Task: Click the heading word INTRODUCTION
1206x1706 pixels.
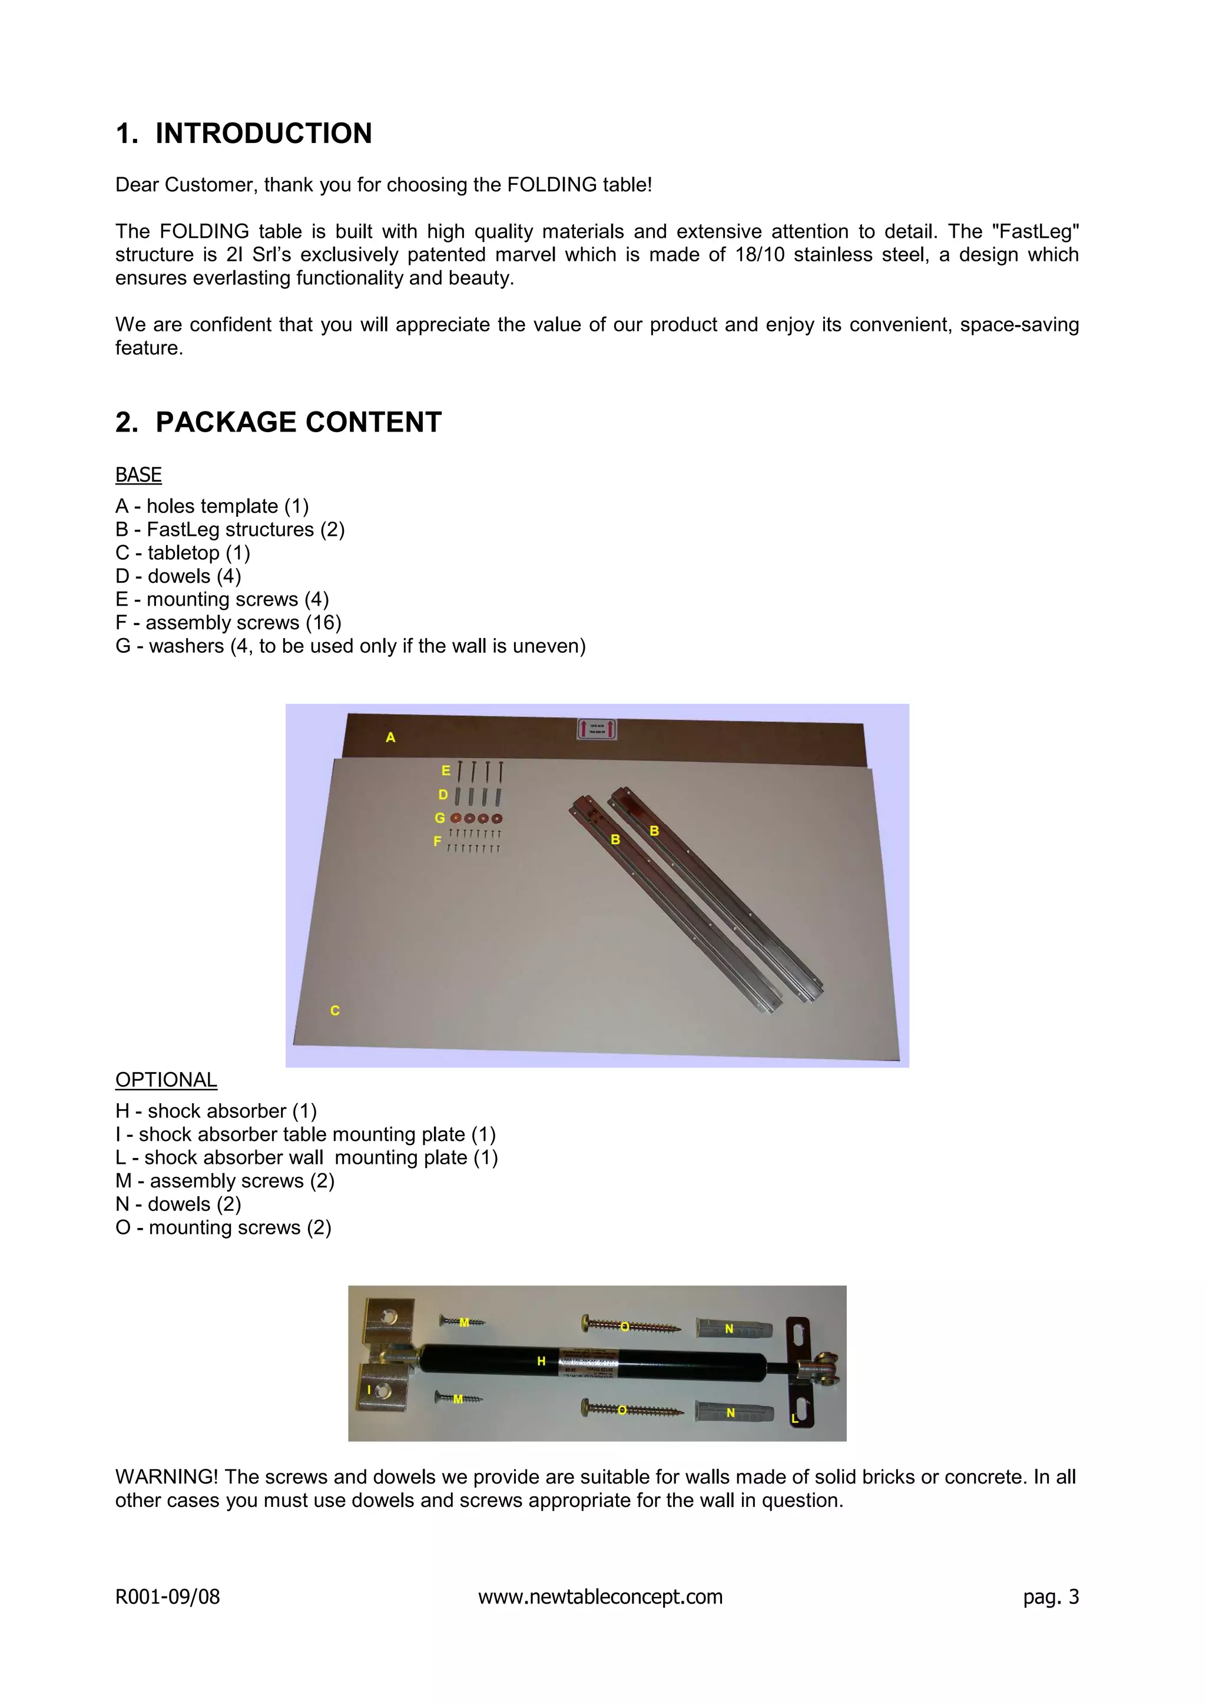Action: coord(263,134)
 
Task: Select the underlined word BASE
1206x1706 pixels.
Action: coord(138,475)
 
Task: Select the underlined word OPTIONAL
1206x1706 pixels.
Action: coord(167,1080)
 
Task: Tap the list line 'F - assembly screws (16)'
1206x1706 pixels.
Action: coord(228,623)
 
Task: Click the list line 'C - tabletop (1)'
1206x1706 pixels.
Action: coord(183,553)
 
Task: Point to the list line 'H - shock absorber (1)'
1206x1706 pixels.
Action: coord(216,1111)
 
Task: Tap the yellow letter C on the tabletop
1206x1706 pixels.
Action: coord(335,1011)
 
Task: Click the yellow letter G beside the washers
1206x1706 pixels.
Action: coord(440,818)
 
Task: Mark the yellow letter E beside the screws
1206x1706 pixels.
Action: coord(446,771)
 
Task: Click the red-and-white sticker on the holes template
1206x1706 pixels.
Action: coord(597,729)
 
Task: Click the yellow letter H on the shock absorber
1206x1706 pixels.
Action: coord(542,1361)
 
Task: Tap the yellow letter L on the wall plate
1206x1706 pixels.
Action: coord(794,1419)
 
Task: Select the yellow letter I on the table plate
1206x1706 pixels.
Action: coord(369,1389)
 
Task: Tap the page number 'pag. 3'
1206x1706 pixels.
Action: coord(1051,1597)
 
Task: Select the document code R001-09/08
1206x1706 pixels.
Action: coord(167,1597)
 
